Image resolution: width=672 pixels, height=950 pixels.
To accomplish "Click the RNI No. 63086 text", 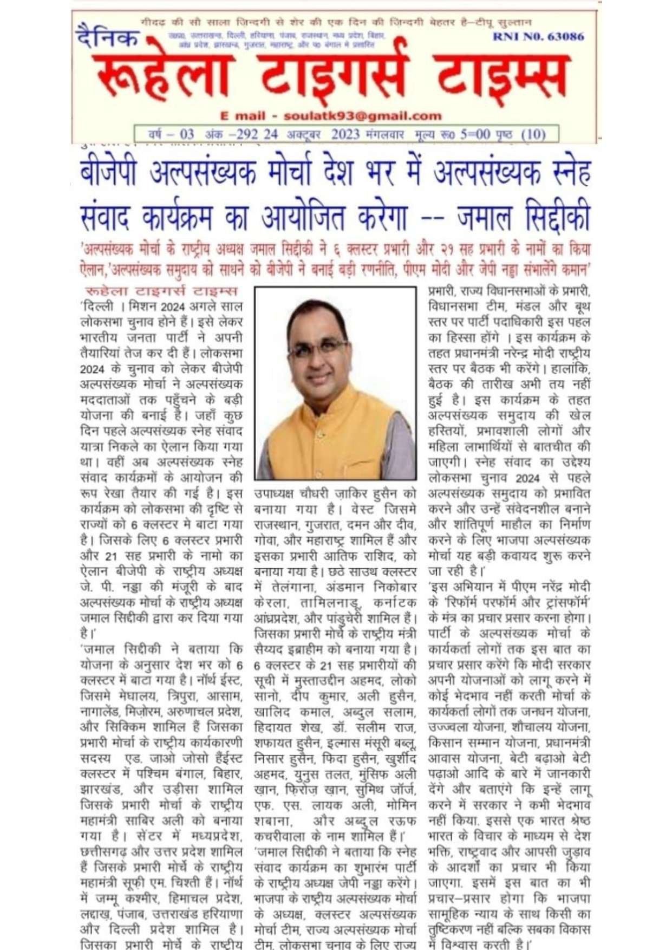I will click(x=538, y=37).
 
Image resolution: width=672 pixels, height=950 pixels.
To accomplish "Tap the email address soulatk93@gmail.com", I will click(x=362, y=116).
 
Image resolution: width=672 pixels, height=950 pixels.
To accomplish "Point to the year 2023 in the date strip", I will click(x=345, y=134).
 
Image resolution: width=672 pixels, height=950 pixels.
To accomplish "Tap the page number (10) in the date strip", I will click(x=533, y=134).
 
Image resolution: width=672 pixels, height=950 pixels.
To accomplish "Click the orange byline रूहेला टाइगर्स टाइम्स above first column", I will click(x=161, y=291).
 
